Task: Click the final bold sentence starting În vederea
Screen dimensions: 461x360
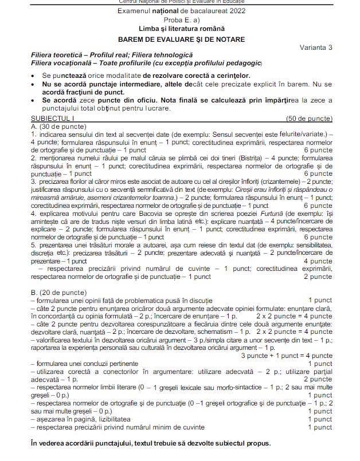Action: (x=149, y=443)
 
